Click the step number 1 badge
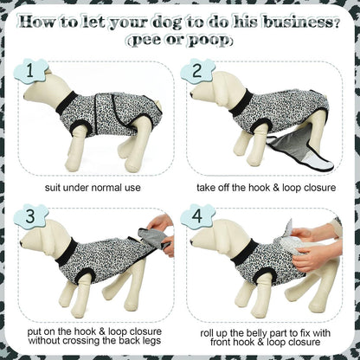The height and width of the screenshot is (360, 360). point(30,71)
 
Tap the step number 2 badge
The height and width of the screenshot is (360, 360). point(197,71)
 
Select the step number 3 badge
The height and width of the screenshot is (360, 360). point(30,216)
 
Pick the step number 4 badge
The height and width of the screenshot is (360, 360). point(197,216)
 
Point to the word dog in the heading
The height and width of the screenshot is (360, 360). point(170,22)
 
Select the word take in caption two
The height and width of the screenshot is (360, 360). point(205,188)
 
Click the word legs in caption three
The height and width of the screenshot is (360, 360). point(152,341)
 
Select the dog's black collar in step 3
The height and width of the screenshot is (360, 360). point(67,252)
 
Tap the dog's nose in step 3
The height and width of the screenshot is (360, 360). point(22,243)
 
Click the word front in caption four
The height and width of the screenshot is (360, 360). point(222,343)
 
